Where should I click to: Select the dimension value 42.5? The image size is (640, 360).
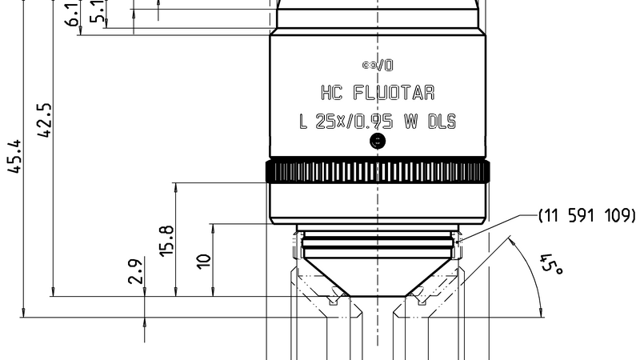click(x=46, y=120)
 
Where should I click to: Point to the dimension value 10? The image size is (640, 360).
click(x=205, y=261)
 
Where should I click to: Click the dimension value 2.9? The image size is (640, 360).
click(x=136, y=271)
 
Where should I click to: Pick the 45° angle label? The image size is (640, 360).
click(x=551, y=266)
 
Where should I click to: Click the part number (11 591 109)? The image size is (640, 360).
click(x=586, y=215)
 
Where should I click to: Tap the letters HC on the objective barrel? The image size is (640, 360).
click(x=333, y=94)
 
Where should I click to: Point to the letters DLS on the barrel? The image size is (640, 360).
click(x=441, y=122)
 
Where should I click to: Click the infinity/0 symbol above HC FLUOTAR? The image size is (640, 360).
click(x=377, y=63)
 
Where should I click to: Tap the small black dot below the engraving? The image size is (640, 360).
click(x=378, y=142)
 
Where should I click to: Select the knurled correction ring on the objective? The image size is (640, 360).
click(x=377, y=171)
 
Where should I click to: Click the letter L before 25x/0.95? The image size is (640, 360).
click(x=303, y=122)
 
